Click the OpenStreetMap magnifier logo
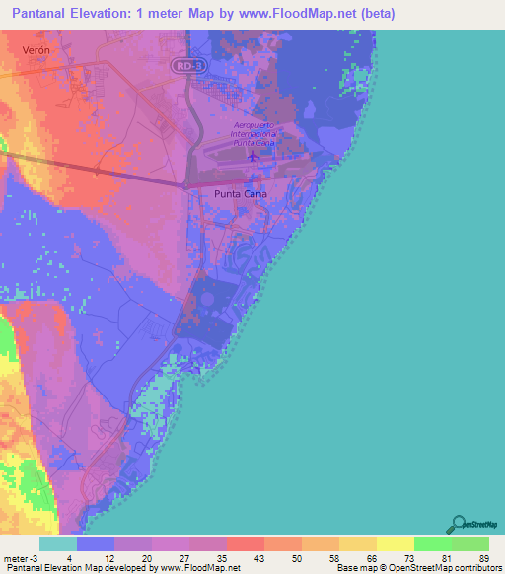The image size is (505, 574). (457, 524)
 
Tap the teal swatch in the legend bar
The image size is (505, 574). (58, 543)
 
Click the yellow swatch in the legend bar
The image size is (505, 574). (395, 543)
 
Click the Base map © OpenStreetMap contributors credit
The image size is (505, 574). (416, 567)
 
